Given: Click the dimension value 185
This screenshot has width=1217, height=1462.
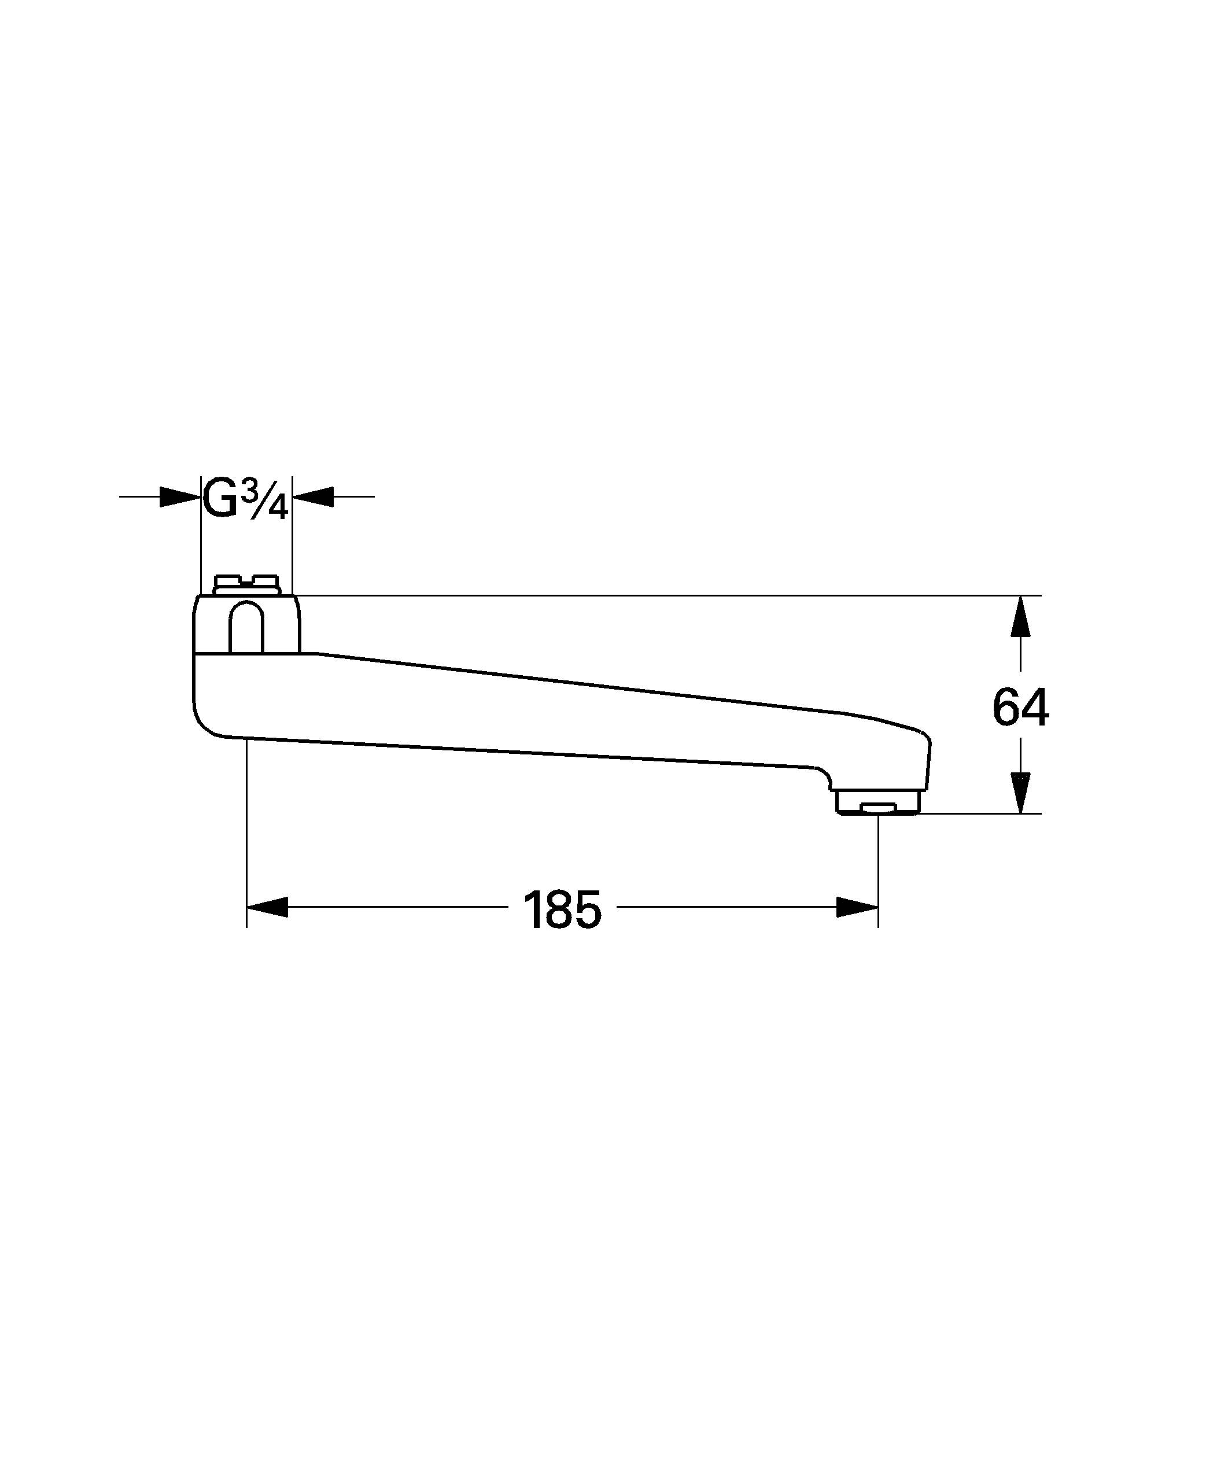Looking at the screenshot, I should (x=561, y=910).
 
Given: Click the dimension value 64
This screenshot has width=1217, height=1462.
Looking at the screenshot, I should (x=1019, y=708).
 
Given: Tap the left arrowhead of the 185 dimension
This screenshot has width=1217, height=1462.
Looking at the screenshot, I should (x=267, y=907).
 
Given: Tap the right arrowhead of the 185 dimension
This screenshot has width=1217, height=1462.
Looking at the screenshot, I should (x=857, y=907).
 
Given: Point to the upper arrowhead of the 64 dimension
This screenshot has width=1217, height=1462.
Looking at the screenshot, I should (x=1020, y=616).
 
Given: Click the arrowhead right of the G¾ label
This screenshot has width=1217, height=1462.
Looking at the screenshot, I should (x=314, y=496).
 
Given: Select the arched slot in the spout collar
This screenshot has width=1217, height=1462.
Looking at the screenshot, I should (x=246, y=628).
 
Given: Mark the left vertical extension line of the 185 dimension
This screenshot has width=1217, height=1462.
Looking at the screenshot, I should (x=246, y=835).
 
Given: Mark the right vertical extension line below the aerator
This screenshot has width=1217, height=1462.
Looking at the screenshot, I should (x=878, y=870).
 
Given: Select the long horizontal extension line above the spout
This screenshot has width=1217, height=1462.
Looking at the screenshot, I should (x=661, y=595).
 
